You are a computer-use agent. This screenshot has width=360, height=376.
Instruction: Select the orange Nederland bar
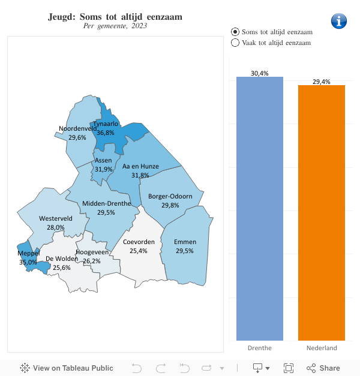pos(322,213)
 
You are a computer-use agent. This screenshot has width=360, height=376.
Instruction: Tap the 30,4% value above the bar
pos(259,73)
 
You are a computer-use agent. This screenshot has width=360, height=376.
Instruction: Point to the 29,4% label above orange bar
pos(322,82)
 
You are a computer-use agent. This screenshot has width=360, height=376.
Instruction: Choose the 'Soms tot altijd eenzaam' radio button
pos(235,31)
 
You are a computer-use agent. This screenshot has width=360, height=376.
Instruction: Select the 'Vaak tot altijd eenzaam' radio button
pos(235,43)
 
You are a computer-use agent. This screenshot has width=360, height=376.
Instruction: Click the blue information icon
pos(339,21)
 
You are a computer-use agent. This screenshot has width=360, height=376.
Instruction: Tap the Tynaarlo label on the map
pos(106,124)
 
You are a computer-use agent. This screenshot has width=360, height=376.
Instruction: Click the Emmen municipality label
pos(185,242)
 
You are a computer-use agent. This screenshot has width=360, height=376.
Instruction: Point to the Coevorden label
pos(139,242)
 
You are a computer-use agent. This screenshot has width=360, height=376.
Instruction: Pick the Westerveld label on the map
pos(55,219)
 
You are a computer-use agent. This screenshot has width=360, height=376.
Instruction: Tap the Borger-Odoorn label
pos(170,197)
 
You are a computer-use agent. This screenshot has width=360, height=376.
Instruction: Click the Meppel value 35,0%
pos(28,262)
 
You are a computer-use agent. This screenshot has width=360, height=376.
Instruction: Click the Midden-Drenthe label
pos(106,204)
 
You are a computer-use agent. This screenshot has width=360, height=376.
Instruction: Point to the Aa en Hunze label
pos(140,167)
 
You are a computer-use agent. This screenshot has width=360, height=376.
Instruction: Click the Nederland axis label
pos(322,348)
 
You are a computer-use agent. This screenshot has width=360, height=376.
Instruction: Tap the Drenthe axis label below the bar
pos(259,348)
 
